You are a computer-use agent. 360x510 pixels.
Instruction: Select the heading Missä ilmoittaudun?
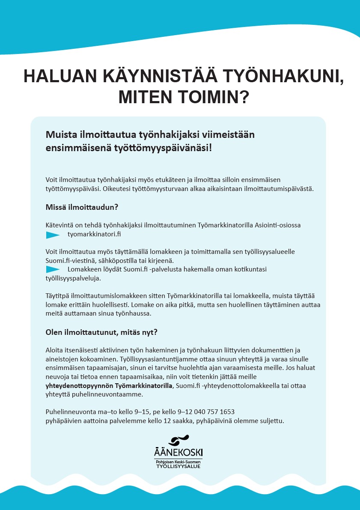(x=82, y=207)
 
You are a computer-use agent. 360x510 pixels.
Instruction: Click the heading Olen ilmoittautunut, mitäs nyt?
(x=102, y=332)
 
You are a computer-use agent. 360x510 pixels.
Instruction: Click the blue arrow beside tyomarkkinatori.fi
(x=53, y=235)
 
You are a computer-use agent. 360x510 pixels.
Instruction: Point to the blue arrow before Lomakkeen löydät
(x=53, y=269)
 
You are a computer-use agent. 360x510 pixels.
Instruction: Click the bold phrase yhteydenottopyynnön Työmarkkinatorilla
(x=109, y=386)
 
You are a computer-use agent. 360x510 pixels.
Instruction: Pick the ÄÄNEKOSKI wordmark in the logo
(x=178, y=452)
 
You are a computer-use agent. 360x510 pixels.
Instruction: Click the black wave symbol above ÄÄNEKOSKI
(x=178, y=440)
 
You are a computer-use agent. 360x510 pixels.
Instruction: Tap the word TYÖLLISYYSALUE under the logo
(x=178, y=466)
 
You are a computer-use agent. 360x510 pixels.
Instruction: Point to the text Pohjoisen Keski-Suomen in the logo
(x=178, y=462)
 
